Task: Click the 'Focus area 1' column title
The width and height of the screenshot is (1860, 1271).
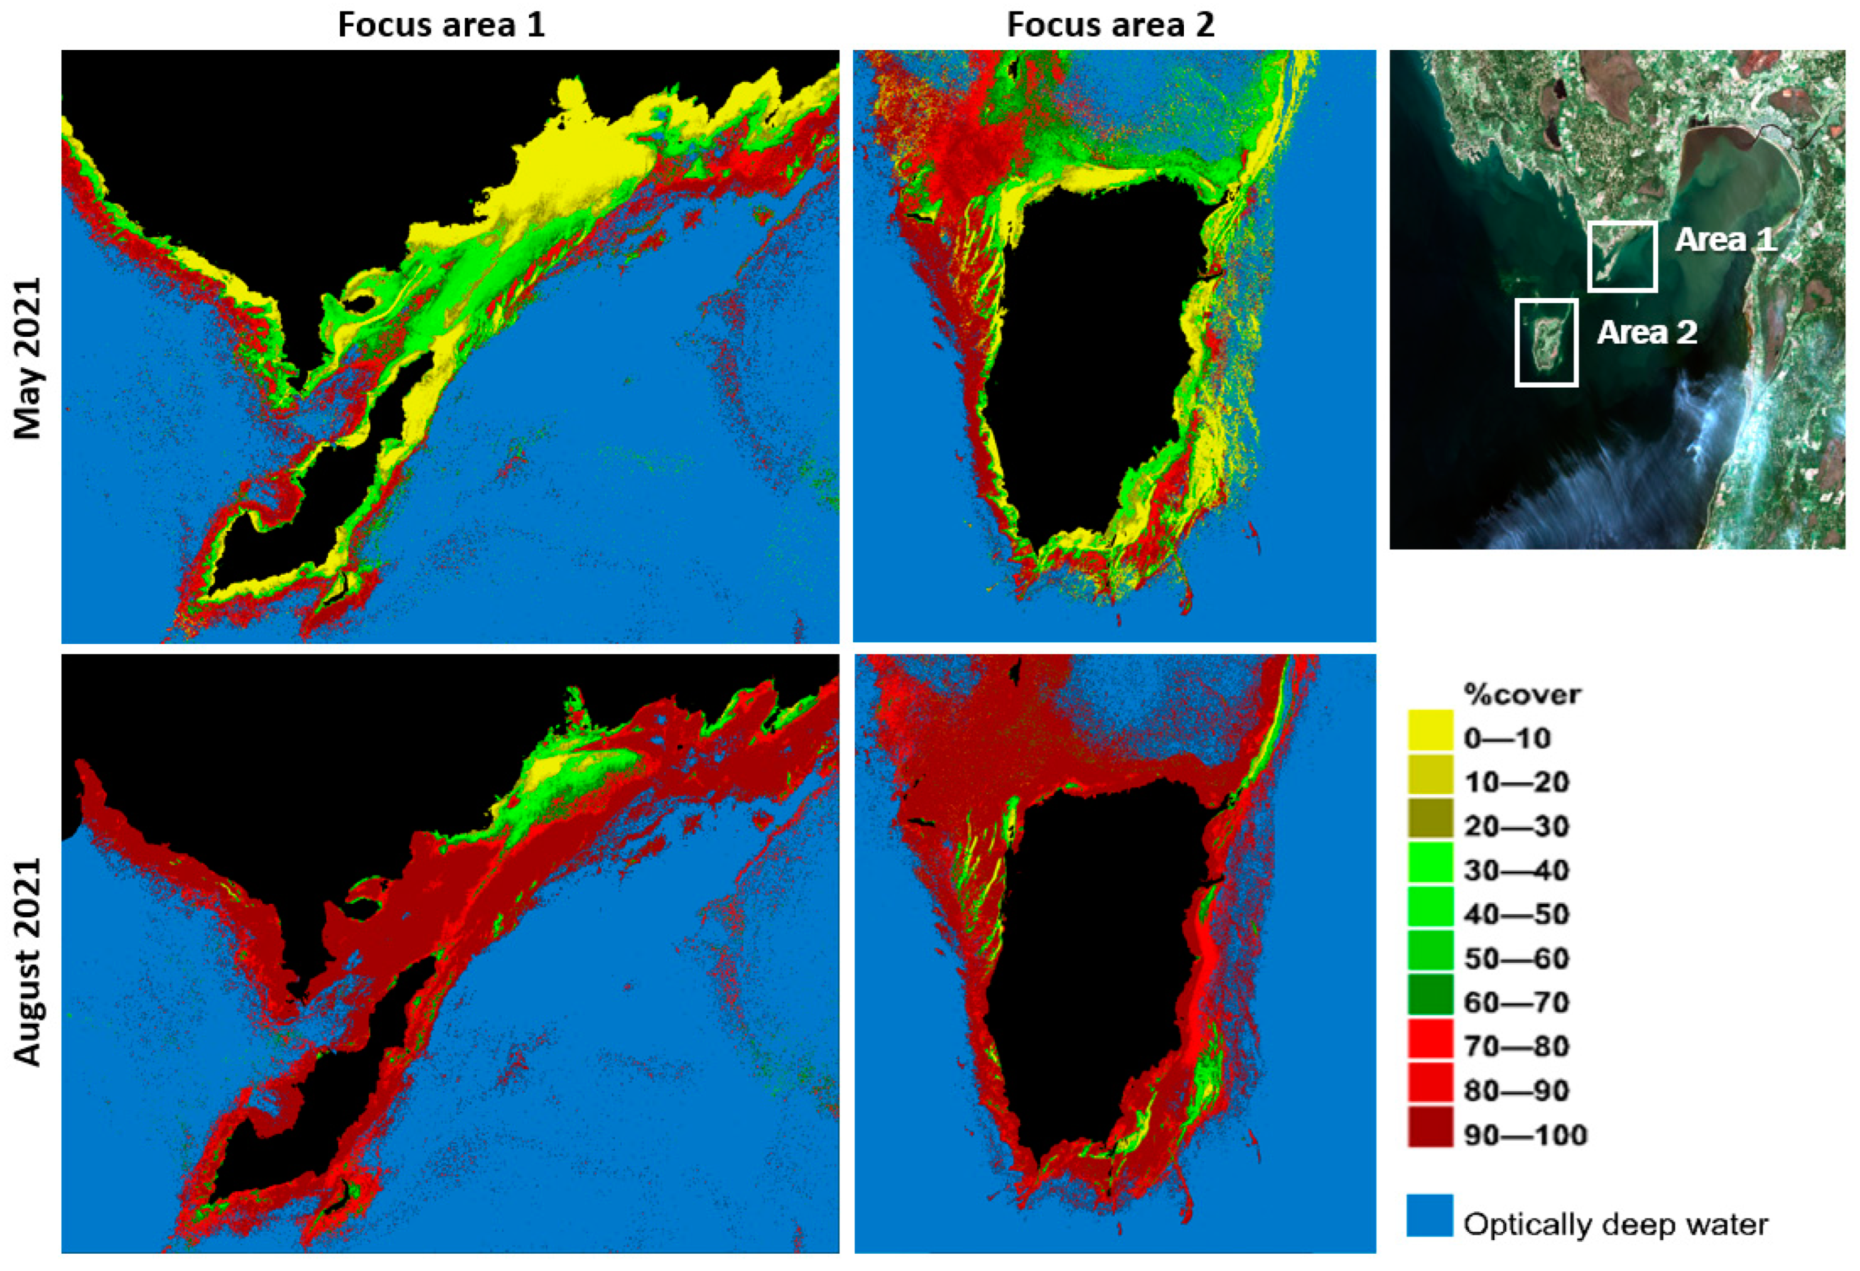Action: click(x=441, y=25)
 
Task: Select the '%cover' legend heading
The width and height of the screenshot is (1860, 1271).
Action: click(x=1522, y=694)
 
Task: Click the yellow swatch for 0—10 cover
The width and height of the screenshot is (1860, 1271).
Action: click(x=1430, y=730)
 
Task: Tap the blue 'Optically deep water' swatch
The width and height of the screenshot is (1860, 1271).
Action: click(x=1430, y=1215)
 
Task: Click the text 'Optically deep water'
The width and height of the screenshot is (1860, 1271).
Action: click(x=1615, y=1224)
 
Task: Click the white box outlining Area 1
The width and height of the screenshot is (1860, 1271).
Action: click(x=1622, y=223)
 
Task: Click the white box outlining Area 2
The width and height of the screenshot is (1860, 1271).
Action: click(x=1546, y=301)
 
